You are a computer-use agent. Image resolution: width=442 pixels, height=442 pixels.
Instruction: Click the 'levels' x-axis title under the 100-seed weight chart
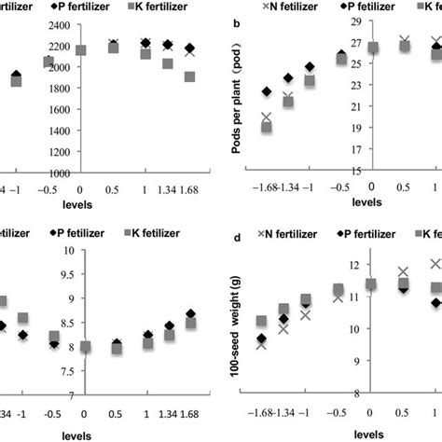(x=369, y=435)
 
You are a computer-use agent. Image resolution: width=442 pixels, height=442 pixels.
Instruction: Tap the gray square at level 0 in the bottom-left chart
(x=84, y=347)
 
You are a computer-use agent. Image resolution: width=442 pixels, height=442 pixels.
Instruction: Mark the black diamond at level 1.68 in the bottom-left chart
(x=190, y=314)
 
